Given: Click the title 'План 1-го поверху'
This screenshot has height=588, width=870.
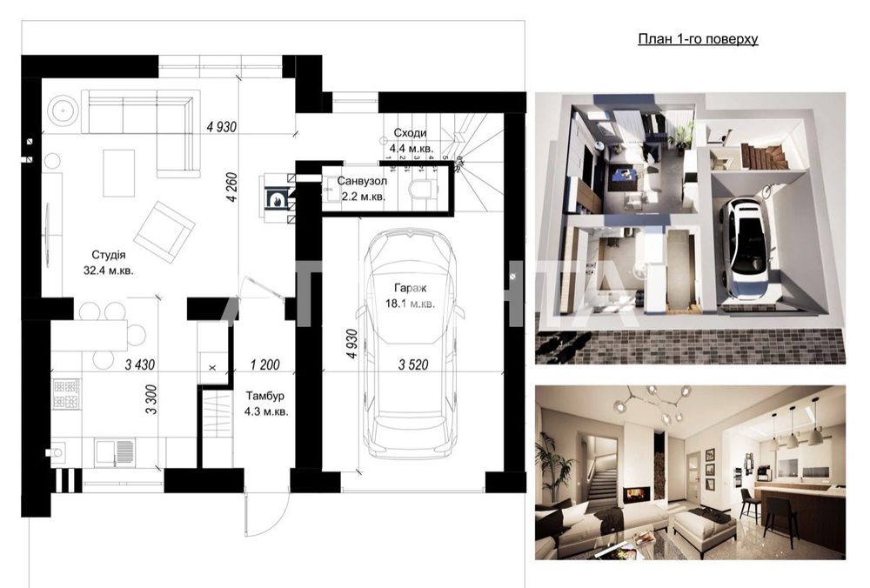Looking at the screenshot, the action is point(698,39).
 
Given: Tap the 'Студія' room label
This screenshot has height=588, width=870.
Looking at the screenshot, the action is point(109,255).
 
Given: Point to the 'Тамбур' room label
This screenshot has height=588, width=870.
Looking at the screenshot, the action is point(265,396).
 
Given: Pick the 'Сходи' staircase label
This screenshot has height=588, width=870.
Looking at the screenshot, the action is point(410,133).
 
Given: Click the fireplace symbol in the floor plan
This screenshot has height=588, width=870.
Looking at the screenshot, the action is point(275,198).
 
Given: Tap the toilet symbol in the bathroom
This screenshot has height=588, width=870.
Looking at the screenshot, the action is point(421,189).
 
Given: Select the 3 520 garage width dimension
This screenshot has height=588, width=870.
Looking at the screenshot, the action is point(413,364).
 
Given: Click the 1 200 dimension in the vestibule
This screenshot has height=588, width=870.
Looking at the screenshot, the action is point(265,364).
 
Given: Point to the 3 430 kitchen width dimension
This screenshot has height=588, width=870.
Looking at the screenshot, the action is point(140,364).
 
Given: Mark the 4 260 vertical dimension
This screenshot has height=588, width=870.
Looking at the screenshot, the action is point(232,188).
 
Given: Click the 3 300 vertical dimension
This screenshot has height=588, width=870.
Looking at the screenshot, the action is point(151,399).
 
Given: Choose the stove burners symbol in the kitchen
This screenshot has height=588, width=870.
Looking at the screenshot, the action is point(66,393).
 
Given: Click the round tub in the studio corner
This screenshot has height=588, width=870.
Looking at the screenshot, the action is point(64,111).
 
